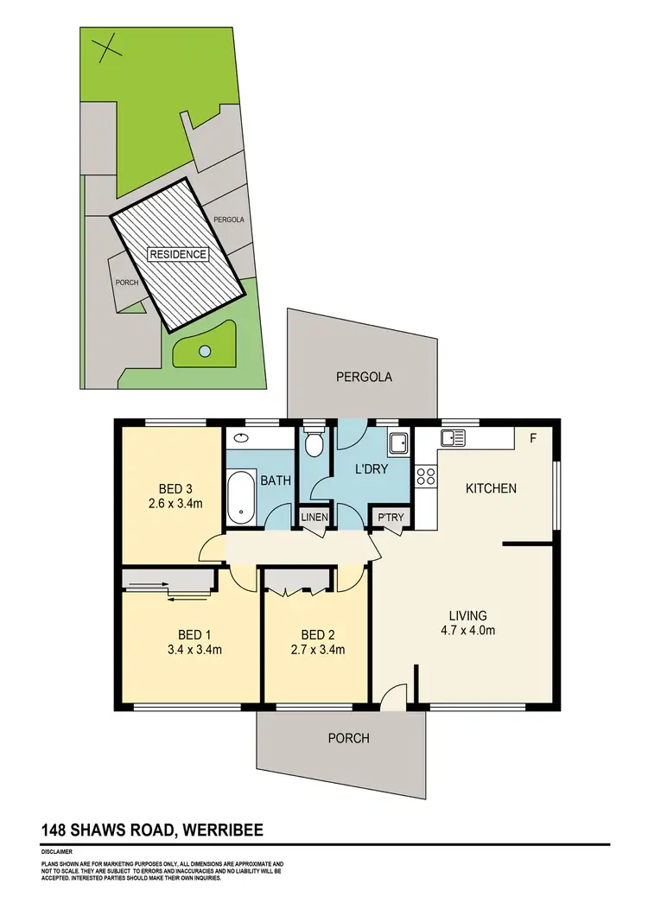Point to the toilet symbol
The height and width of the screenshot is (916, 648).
point(314,444)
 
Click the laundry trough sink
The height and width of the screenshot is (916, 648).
point(398,443)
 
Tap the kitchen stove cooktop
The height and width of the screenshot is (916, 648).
point(425,476)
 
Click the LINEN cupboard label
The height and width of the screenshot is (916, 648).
point(312,517)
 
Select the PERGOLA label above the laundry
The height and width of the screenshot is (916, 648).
point(364,377)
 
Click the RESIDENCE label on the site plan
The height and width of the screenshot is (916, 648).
point(178,254)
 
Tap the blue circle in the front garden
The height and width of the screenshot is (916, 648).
point(205,351)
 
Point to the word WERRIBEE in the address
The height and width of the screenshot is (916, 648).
point(222,830)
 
